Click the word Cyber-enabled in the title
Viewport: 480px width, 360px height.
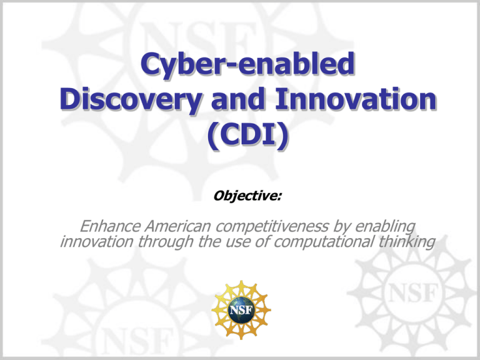(x=247, y=65)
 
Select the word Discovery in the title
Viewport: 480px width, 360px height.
(x=131, y=100)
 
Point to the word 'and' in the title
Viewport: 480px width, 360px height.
(x=238, y=99)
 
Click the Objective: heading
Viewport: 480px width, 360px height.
(x=247, y=196)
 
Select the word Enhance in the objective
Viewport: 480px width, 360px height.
(x=110, y=226)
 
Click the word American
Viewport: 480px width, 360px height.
(x=178, y=226)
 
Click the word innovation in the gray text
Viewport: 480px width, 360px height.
(x=97, y=241)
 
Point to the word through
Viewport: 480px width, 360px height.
(x=165, y=242)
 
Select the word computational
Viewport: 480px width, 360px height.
(x=323, y=242)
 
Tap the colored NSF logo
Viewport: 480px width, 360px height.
(x=241, y=310)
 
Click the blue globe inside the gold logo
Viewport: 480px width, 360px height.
(x=241, y=311)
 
